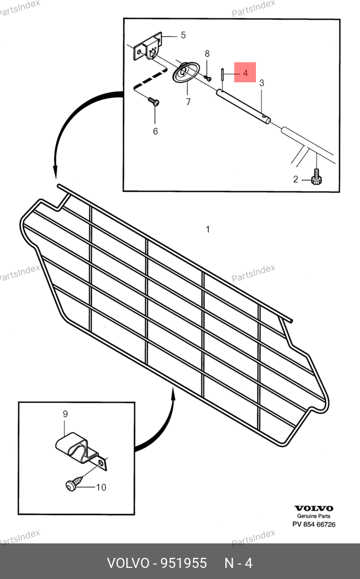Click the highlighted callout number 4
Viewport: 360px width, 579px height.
point(245,73)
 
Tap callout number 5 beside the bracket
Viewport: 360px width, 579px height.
point(183,36)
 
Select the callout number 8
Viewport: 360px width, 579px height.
point(207,54)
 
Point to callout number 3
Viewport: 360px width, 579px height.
point(262,83)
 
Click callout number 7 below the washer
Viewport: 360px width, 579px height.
point(188,102)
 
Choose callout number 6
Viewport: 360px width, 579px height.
point(155,131)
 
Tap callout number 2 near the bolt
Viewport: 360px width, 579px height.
point(295,180)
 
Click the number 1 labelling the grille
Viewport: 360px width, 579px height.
point(208,230)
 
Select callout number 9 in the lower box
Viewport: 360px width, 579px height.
point(65,414)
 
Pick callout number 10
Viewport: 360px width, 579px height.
point(101,487)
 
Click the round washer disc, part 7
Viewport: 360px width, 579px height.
point(186,72)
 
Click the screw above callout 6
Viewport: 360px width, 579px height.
point(154,101)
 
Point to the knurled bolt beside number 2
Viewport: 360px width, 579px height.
point(317,176)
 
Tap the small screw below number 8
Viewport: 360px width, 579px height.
point(208,77)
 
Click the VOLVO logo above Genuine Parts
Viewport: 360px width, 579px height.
point(314,508)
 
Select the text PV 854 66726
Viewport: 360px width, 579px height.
point(314,524)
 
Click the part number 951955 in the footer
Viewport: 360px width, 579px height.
point(183,563)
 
